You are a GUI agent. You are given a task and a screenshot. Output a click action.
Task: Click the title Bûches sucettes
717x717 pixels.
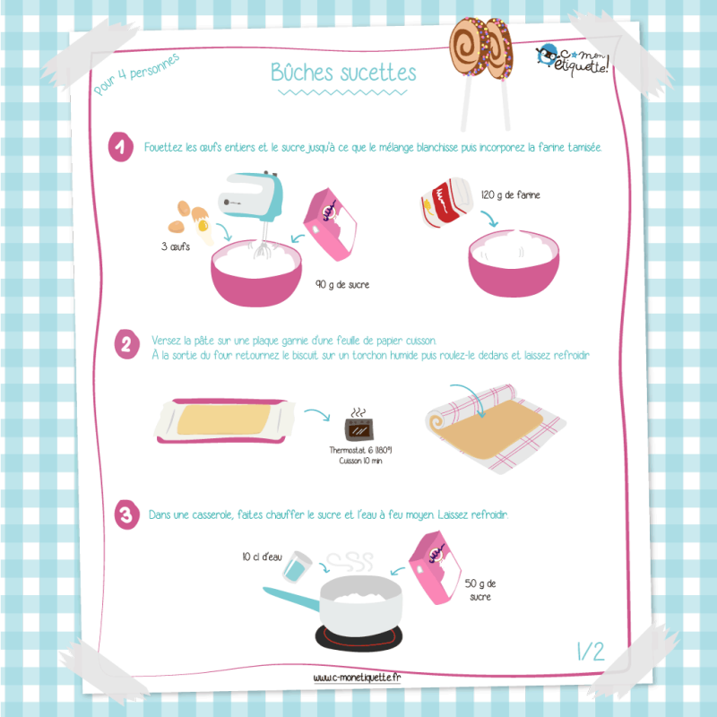tap(343, 73)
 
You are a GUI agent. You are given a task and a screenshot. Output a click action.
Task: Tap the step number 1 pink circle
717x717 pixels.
tap(121, 147)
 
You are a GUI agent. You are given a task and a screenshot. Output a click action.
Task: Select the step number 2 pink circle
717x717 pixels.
tap(126, 344)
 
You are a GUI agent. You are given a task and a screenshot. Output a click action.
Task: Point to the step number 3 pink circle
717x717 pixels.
tap(126, 514)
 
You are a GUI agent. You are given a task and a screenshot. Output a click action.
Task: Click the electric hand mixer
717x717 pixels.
tap(253, 201)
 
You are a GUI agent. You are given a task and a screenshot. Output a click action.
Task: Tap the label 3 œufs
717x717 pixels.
tap(175, 247)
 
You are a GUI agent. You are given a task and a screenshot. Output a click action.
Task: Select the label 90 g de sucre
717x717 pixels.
tap(342, 284)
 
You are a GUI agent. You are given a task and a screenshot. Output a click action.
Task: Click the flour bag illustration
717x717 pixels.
tap(445, 203)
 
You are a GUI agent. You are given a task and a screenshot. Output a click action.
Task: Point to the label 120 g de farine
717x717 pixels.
tap(510, 194)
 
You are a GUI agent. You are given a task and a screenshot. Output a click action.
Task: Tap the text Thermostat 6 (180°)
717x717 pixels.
tap(360, 450)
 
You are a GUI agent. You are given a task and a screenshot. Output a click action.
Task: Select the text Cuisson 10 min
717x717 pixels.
tap(360, 461)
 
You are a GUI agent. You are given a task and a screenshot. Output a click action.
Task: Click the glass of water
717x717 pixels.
tap(297, 567)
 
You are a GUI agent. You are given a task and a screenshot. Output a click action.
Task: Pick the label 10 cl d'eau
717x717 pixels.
tap(262, 557)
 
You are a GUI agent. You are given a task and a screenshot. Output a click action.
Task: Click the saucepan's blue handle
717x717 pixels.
tap(291, 599)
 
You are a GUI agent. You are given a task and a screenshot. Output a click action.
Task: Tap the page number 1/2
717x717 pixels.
tap(591, 652)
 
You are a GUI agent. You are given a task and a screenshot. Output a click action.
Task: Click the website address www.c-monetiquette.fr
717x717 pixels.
tap(357, 678)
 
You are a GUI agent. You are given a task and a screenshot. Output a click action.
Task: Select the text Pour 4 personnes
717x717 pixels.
tap(136, 74)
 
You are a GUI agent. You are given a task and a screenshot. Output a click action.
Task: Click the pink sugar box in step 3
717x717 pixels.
tap(435, 567)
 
